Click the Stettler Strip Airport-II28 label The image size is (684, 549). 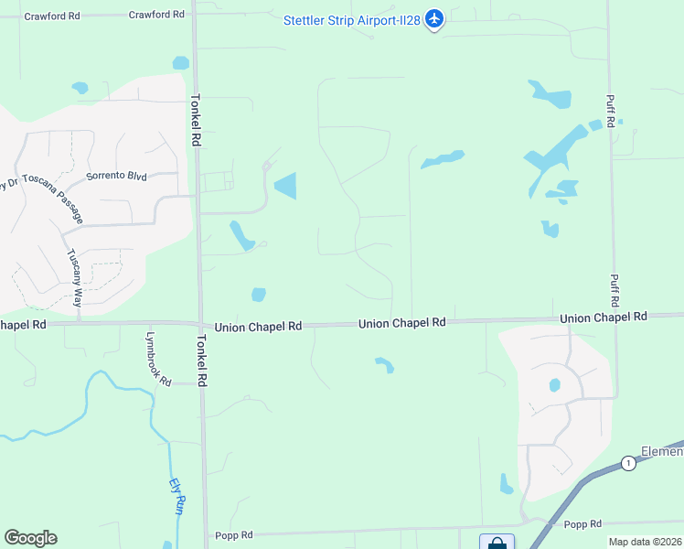click(x=351, y=20)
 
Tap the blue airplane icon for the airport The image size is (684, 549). click(x=434, y=18)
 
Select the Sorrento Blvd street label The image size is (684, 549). click(x=116, y=176)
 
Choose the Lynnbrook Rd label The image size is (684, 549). click(x=156, y=358)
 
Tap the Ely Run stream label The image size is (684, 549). click(x=177, y=498)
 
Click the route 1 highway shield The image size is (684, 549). click(x=627, y=463)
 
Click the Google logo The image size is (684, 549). click(x=30, y=538)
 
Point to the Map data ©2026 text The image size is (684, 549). click(x=645, y=542)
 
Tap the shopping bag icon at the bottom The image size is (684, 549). click(x=497, y=543)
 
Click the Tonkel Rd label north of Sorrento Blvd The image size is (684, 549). click(x=195, y=120)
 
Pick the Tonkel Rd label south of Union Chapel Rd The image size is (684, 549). click(x=201, y=360)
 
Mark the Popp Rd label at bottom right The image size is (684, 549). click(x=582, y=523)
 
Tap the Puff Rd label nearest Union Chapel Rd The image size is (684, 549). click(x=613, y=290)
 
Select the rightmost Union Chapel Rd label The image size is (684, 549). click(x=603, y=317)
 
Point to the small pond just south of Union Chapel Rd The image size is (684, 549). click(x=385, y=365)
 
